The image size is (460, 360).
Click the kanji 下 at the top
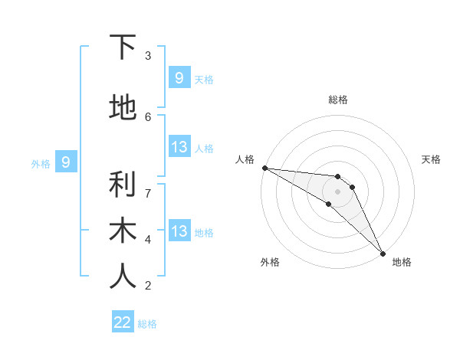click(x=123, y=48)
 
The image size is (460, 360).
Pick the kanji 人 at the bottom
click(x=123, y=277)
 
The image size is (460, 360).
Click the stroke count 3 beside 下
click(x=148, y=56)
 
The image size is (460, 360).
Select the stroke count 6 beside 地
click(x=148, y=116)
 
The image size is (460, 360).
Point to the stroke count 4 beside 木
click(x=148, y=239)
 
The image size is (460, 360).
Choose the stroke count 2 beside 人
click(x=148, y=286)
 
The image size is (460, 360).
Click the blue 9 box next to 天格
click(x=179, y=77)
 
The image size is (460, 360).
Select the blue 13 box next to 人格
click(x=179, y=147)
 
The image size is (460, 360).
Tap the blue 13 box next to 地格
click(x=179, y=231)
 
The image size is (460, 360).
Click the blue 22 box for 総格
click(x=123, y=322)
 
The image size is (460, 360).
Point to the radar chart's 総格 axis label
click(x=338, y=100)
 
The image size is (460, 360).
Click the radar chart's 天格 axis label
click(x=431, y=159)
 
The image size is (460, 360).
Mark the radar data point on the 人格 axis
click(x=264, y=168)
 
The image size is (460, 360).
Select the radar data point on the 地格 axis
click(x=383, y=254)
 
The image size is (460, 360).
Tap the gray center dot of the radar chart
click(x=338, y=191)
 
